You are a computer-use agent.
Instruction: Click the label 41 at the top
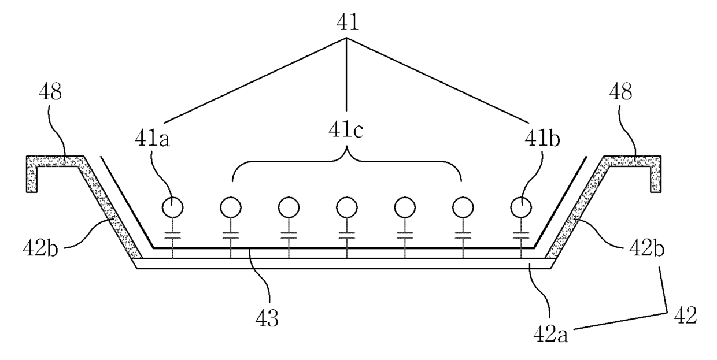[346, 23]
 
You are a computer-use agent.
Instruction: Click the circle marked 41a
[172, 206]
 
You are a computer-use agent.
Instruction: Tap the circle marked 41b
[522, 206]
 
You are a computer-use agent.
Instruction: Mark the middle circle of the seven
[346, 206]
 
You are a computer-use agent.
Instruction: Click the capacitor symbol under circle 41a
[172, 236]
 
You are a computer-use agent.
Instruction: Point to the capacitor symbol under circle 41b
[522, 236]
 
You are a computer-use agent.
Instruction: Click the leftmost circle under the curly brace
[230, 206]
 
